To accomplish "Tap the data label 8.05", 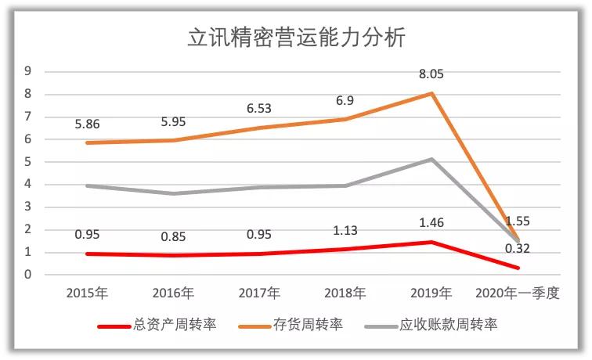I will pos(430,76).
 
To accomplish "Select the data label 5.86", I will pos(87,124).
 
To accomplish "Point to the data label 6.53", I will pos(258,109).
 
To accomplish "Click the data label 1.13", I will pos(344,232).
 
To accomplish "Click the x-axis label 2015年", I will pos(87,293).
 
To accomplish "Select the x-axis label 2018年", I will pos(344,293).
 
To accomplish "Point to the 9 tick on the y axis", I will pos(27,71).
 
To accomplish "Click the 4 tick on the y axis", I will pos(27,185).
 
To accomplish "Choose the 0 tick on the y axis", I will pos(27,275).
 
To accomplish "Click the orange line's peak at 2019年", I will pos(430,94).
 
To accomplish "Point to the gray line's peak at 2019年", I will pos(430,160).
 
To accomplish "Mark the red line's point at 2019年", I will pos(430,242).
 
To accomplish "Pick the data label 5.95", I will pos(172,122).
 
